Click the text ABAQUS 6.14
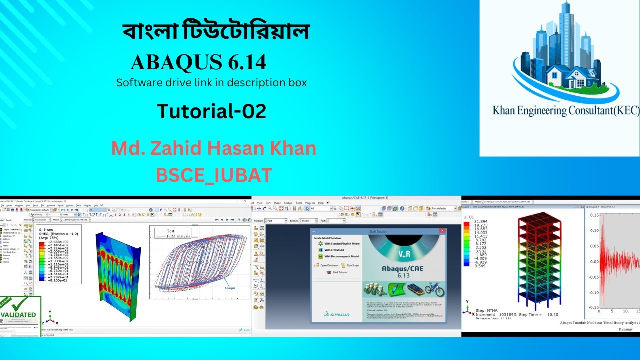pyautogui.click(x=198, y=62)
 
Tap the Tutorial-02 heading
pyautogui.click(x=211, y=111)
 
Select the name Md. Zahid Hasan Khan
pyautogui.click(x=213, y=149)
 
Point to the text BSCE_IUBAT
pyautogui.click(x=214, y=175)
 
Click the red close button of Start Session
pyautogui.click(x=442, y=231)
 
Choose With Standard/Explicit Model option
pyautogui.click(x=342, y=244)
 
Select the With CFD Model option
pyautogui.click(x=335, y=250)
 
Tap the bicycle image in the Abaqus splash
pyautogui.click(x=434, y=290)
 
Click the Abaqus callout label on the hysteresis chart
pyautogui.click(x=230, y=288)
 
